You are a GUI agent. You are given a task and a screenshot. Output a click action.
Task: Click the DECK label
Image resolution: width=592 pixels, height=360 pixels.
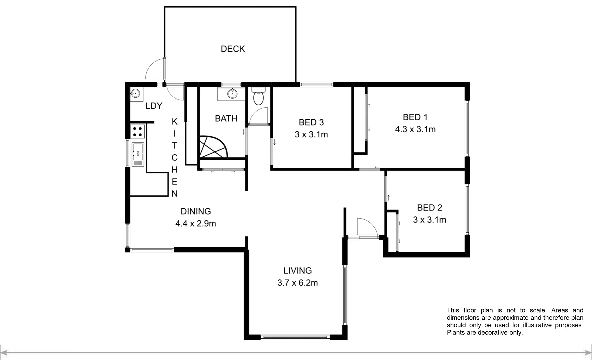[233, 49]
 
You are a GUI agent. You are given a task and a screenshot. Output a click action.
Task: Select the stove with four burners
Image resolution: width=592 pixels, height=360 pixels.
[137, 131]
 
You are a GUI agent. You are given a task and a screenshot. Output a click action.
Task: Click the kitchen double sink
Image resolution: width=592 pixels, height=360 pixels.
[138, 154]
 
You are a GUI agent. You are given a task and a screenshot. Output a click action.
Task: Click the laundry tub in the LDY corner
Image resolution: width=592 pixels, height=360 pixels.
[135, 93]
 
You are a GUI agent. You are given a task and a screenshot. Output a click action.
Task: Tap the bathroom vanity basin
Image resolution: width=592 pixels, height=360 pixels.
[232, 94]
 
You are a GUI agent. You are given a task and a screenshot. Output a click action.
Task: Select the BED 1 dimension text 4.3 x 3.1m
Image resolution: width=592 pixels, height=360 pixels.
[415, 129]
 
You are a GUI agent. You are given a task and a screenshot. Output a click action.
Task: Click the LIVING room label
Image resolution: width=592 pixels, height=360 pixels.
[297, 271]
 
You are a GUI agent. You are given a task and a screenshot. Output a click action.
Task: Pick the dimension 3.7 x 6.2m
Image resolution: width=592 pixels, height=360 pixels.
[297, 283]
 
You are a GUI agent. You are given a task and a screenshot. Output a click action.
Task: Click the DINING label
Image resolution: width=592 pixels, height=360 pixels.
[196, 211]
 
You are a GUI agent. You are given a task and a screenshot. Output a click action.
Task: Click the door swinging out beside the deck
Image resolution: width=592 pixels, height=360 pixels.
[155, 69]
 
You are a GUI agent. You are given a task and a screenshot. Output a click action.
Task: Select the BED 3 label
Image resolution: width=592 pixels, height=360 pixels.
[311, 122]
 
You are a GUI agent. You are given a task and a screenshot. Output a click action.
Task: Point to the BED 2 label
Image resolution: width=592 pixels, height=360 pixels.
[429, 208]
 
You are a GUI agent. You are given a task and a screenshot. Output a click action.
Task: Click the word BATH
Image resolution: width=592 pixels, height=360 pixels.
[226, 118]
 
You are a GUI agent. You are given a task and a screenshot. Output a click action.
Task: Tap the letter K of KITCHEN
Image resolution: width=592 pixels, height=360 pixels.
[174, 122]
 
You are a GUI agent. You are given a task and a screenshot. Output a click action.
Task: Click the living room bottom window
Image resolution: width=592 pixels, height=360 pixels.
[295, 337]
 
